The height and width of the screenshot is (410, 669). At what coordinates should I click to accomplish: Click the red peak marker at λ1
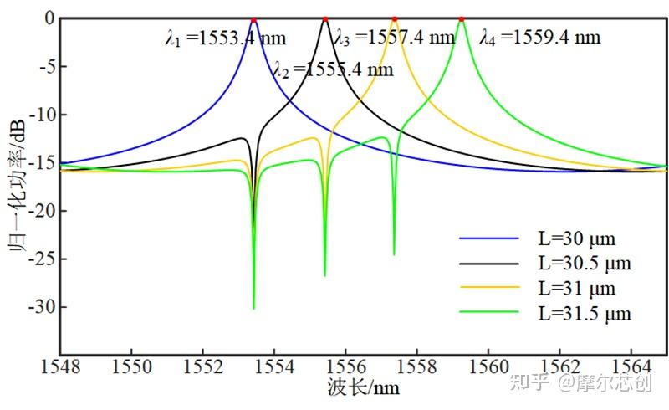pyautogui.click(x=253, y=19)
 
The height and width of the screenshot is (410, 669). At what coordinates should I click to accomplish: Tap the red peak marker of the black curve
pyautogui.click(x=325, y=19)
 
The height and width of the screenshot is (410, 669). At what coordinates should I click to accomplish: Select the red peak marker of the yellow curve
pyautogui.click(x=395, y=19)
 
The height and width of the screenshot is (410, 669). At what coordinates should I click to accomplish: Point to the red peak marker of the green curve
pyautogui.click(x=461, y=19)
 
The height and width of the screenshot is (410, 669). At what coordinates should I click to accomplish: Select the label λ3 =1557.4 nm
pyautogui.click(x=394, y=38)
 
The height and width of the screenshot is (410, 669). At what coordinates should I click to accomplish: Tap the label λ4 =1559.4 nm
pyautogui.click(x=540, y=38)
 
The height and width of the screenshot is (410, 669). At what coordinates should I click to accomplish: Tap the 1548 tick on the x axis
pyautogui.click(x=60, y=366)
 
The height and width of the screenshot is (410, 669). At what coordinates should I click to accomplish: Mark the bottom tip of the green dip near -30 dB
pyautogui.click(x=253, y=309)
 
